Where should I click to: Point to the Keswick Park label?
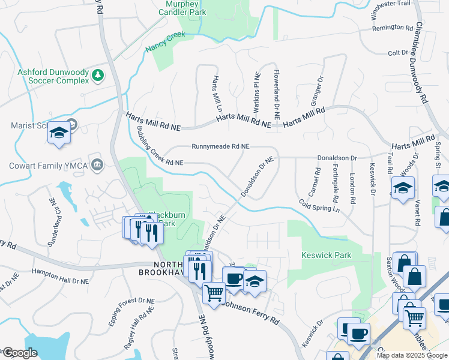coord(326,255)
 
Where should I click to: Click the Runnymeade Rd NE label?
coord(220,146)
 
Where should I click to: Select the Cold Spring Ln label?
coord(319,206)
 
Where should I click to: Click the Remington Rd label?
coord(393,28)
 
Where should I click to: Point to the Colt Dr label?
coord(398,53)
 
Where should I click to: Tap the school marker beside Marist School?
coord(59,134)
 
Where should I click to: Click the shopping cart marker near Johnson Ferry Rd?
coord(213,293)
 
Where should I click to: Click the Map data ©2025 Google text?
coord(411,355)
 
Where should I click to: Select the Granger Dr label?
coord(316,88)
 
